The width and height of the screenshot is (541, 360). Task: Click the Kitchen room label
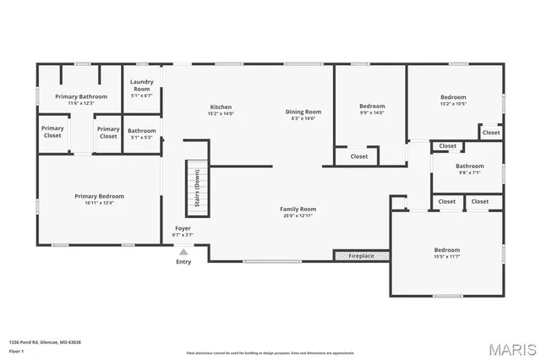point(221,107)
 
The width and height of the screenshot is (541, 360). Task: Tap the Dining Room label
point(303,112)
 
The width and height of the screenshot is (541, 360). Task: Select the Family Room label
point(298,209)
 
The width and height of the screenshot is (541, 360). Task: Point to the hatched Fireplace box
point(361,255)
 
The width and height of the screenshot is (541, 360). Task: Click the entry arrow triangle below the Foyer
point(183,251)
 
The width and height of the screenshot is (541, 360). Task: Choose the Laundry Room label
point(141,85)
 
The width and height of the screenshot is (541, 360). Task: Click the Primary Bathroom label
point(81,96)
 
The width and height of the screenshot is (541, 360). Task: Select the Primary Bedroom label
point(99,196)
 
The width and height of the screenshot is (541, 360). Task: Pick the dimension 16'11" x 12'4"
point(99,203)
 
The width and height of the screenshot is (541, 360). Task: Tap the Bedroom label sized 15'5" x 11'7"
point(447,249)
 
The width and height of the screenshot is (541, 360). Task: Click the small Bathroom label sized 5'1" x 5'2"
point(141,131)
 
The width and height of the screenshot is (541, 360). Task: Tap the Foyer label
point(183,228)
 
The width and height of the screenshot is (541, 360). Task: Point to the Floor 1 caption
point(17,351)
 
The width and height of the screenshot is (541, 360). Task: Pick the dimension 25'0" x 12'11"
point(298,215)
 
